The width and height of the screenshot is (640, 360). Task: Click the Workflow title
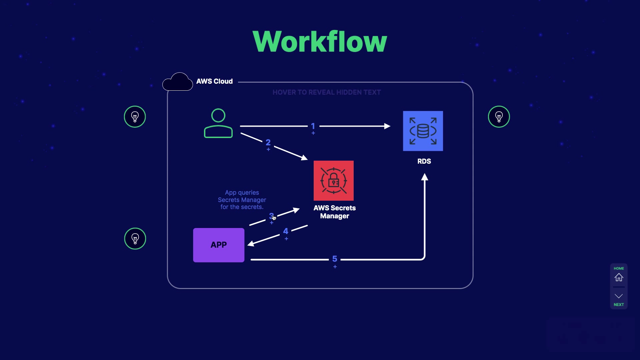320,42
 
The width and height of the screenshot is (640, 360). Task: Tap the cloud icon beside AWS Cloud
178,82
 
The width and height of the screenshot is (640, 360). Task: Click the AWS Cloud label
214,81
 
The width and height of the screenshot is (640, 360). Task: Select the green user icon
218,123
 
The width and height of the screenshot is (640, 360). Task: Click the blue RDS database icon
423,131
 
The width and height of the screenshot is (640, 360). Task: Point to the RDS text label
424,161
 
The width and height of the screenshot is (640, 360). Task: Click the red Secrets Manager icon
333,181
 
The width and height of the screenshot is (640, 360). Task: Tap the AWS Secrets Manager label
334,212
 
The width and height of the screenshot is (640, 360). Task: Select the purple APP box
219,245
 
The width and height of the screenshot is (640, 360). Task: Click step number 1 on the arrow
313,126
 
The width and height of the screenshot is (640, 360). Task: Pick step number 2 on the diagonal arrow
268,143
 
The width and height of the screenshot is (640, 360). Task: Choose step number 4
286,231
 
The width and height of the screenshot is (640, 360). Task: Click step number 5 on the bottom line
335,259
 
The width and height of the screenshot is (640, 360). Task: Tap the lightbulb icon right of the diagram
499,117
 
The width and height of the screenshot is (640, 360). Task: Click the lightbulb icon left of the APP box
135,239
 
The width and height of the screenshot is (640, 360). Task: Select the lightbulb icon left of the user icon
135,117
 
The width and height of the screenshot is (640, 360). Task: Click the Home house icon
619,277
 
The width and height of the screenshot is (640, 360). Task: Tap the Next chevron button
619,296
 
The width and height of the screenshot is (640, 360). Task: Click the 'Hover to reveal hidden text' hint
326,92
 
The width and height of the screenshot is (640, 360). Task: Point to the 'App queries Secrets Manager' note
242,200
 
